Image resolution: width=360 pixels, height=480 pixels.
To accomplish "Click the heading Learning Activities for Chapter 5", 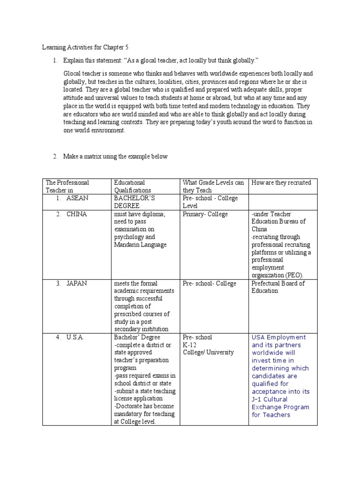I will [x=85, y=47].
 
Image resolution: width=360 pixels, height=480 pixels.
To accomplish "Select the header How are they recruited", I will [x=281, y=182].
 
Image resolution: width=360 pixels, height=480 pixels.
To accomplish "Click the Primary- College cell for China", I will [x=205, y=214].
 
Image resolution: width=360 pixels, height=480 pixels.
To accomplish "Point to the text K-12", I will [x=191, y=345].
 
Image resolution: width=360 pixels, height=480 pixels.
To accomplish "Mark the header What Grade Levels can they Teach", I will [x=213, y=186].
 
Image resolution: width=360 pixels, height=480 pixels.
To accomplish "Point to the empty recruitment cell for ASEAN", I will [x=283, y=202].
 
